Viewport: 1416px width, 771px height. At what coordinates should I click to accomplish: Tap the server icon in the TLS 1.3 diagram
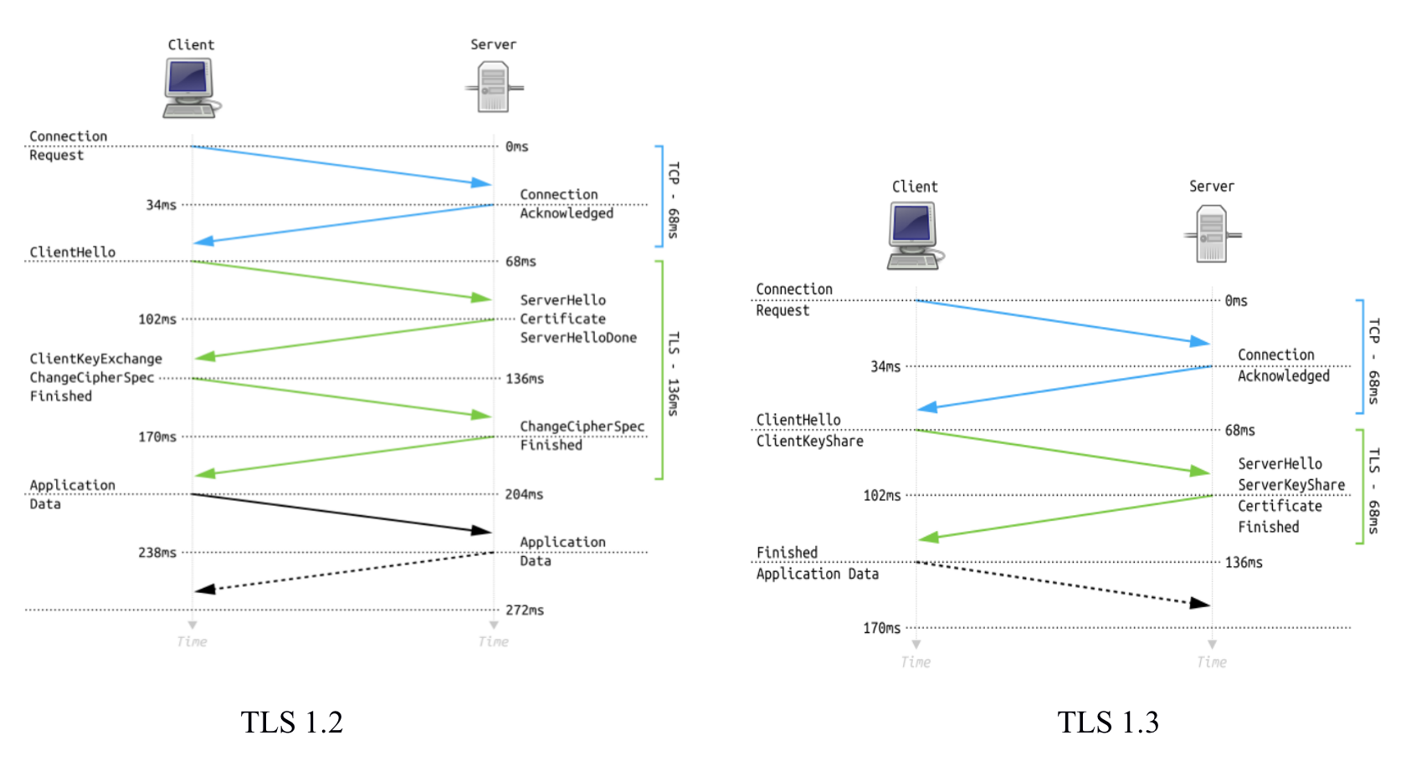click(x=1211, y=234)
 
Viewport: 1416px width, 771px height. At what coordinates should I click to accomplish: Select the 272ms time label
click(x=524, y=610)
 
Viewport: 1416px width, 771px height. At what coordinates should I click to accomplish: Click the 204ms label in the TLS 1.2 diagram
click(x=524, y=495)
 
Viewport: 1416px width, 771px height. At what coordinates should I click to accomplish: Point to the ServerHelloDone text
click(x=578, y=338)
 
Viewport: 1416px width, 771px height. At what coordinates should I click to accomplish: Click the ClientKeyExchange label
click(x=96, y=359)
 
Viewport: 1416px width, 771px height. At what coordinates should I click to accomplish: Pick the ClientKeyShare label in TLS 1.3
click(x=809, y=441)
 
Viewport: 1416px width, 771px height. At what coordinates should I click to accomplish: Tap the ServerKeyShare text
click(x=1291, y=485)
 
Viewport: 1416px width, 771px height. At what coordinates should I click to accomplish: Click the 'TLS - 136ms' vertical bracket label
click(x=674, y=374)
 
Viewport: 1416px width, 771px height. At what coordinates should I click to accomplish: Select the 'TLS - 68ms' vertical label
click(x=1373, y=491)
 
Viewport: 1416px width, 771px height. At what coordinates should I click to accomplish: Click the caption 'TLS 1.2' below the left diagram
click(x=291, y=722)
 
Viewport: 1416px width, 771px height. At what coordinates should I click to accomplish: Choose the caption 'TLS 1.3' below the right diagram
click(x=1108, y=722)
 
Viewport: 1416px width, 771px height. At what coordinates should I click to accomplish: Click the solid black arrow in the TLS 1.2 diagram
click(x=341, y=513)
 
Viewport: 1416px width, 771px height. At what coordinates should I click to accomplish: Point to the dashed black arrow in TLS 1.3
click(x=1063, y=582)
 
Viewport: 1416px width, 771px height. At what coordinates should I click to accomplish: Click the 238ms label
click(x=157, y=553)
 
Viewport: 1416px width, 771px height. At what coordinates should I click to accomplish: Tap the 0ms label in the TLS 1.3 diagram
click(x=1236, y=301)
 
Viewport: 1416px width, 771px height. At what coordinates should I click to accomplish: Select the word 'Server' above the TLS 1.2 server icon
click(x=493, y=44)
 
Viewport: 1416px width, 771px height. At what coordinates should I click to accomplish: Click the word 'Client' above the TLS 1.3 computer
click(x=915, y=186)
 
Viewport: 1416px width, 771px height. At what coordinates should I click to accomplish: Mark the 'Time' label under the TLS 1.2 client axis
click(x=192, y=642)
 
